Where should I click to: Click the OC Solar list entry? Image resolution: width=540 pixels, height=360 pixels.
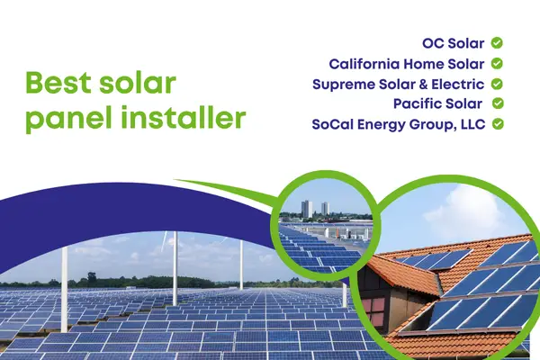click(x=454, y=43)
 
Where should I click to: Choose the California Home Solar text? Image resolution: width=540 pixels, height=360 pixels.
click(x=407, y=64)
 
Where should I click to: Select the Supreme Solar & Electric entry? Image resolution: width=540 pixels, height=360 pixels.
click(x=398, y=84)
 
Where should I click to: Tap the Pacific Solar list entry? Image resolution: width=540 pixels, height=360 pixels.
click(x=442, y=103)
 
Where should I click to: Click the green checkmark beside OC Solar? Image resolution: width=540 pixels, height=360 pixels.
click(x=497, y=43)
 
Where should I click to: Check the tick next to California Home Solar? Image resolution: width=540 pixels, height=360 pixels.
click(x=497, y=64)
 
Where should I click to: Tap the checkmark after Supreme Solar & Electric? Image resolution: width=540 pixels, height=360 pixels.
click(x=497, y=84)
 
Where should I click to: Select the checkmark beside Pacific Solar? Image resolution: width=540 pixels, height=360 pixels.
click(x=497, y=103)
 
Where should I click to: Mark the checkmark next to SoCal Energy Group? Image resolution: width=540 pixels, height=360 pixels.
click(x=497, y=124)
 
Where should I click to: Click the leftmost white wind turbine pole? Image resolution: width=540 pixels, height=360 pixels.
click(x=65, y=270)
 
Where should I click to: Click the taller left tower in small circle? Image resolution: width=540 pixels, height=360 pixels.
click(x=307, y=209)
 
